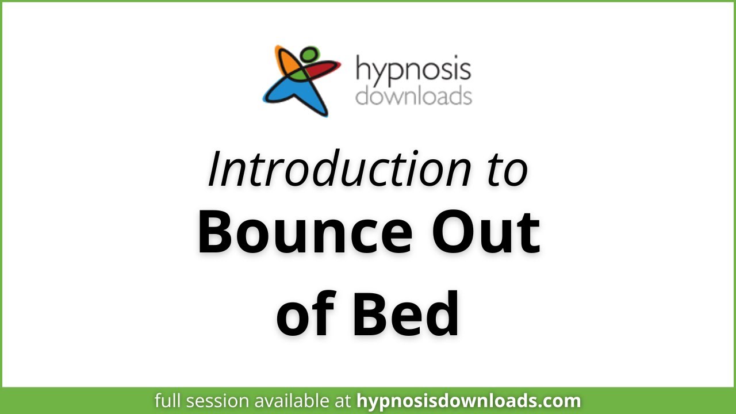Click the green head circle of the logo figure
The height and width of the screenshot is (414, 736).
click(x=309, y=55)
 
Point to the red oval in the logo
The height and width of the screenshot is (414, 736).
click(x=322, y=70)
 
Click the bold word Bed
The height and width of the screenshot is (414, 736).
click(x=406, y=314)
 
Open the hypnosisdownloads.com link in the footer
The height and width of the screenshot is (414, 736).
click(x=469, y=401)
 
